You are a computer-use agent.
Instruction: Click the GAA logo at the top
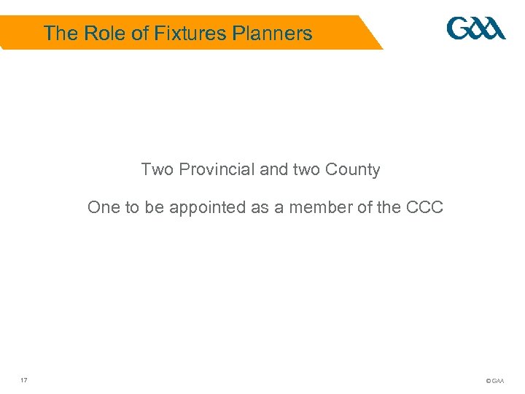pyautogui.click(x=476, y=29)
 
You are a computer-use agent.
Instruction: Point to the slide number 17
pyautogui.click(x=24, y=380)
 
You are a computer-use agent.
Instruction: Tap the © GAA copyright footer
pyautogui.click(x=494, y=381)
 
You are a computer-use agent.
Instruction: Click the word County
pyautogui.click(x=353, y=170)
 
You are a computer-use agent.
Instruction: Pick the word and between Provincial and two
pyautogui.click(x=274, y=170)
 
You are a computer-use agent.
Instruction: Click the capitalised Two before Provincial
pyautogui.click(x=157, y=170)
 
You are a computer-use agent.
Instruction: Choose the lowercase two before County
pyautogui.click(x=307, y=170)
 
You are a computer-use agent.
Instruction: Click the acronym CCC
pyautogui.click(x=426, y=207)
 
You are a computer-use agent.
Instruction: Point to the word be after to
pyautogui.click(x=154, y=207)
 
